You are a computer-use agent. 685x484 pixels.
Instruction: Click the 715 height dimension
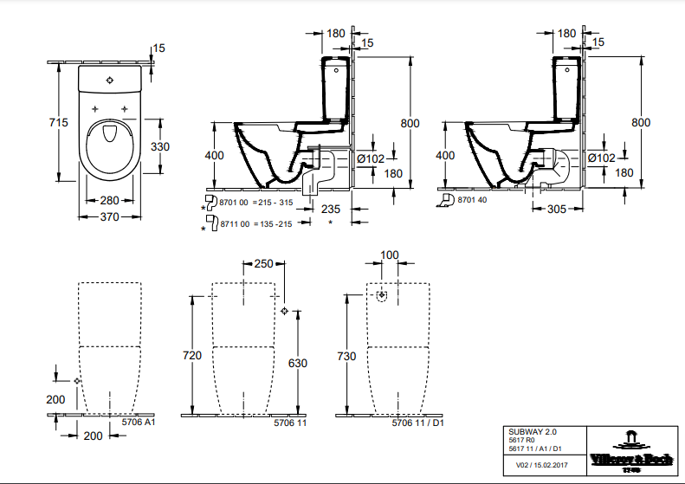[58, 123]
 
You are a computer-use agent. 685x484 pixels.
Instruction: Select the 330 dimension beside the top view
[160, 146]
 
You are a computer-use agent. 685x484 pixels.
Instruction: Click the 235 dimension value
[330, 209]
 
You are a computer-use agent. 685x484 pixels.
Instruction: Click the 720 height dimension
[192, 356]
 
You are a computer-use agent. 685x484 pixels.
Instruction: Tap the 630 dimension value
[298, 364]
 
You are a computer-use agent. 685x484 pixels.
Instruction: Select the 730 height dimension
[347, 356]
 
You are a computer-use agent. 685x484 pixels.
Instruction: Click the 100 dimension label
[389, 255]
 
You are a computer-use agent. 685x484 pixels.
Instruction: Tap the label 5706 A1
[138, 423]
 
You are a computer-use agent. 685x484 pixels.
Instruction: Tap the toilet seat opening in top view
[108, 134]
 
